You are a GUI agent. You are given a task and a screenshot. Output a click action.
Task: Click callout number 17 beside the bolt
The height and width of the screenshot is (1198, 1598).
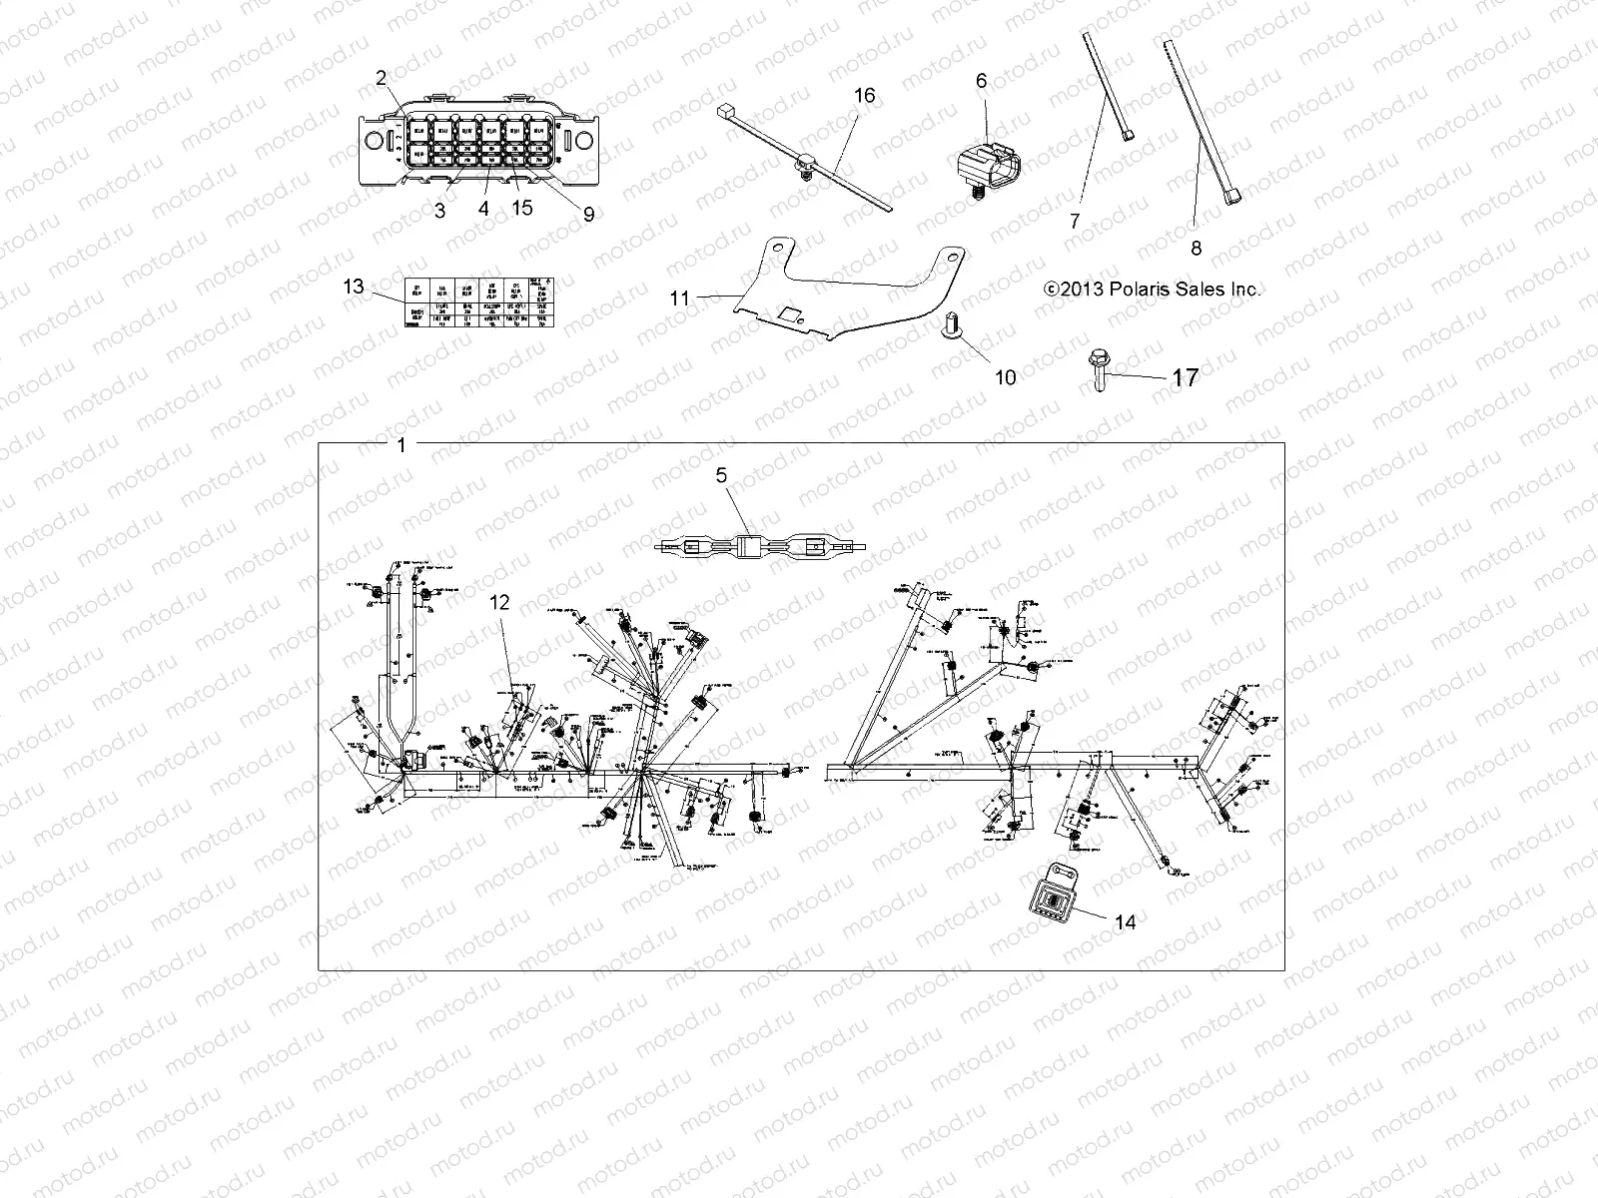[x=1185, y=377]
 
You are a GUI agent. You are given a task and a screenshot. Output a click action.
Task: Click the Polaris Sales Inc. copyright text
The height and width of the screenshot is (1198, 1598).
[x=1152, y=290]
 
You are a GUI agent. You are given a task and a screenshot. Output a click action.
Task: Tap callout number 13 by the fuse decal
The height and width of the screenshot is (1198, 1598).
[x=354, y=287]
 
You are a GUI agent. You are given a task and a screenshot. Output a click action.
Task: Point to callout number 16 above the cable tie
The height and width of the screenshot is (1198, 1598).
[x=864, y=96]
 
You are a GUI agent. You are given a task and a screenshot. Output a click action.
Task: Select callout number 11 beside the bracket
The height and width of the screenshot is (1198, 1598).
[x=680, y=298]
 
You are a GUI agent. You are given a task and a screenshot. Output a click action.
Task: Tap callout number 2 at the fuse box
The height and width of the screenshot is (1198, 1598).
[x=380, y=78]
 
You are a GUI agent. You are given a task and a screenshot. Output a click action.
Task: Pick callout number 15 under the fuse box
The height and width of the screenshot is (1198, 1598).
[x=521, y=208]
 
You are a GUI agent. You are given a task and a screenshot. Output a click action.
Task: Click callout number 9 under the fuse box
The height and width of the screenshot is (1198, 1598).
[x=588, y=213]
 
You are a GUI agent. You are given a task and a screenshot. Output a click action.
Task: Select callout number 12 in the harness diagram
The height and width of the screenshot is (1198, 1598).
[x=499, y=602]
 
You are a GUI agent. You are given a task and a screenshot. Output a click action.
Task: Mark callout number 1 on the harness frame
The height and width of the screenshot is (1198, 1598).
[x=401, y=445]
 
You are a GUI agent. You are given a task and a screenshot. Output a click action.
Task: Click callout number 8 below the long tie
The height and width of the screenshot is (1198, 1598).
[x=1197, y=248]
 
